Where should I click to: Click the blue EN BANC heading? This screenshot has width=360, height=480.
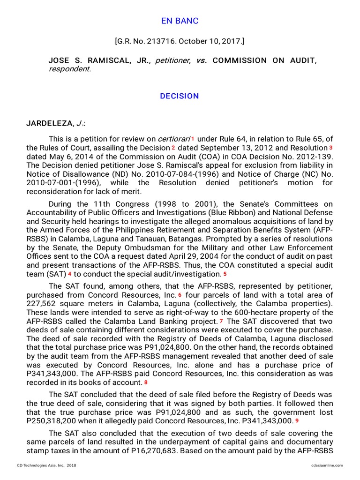180,21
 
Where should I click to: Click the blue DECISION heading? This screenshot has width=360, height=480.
180,96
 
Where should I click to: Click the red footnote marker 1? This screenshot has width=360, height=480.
193,139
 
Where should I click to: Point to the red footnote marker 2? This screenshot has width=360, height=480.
173,148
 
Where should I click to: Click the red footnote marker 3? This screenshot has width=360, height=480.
330,148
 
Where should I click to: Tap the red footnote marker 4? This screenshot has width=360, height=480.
70,274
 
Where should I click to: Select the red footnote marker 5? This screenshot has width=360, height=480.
225,274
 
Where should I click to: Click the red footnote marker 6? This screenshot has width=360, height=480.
180,295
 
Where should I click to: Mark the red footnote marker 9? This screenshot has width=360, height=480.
297,420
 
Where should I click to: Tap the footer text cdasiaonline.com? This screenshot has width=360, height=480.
327,465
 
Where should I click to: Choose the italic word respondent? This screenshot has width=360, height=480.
69,69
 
